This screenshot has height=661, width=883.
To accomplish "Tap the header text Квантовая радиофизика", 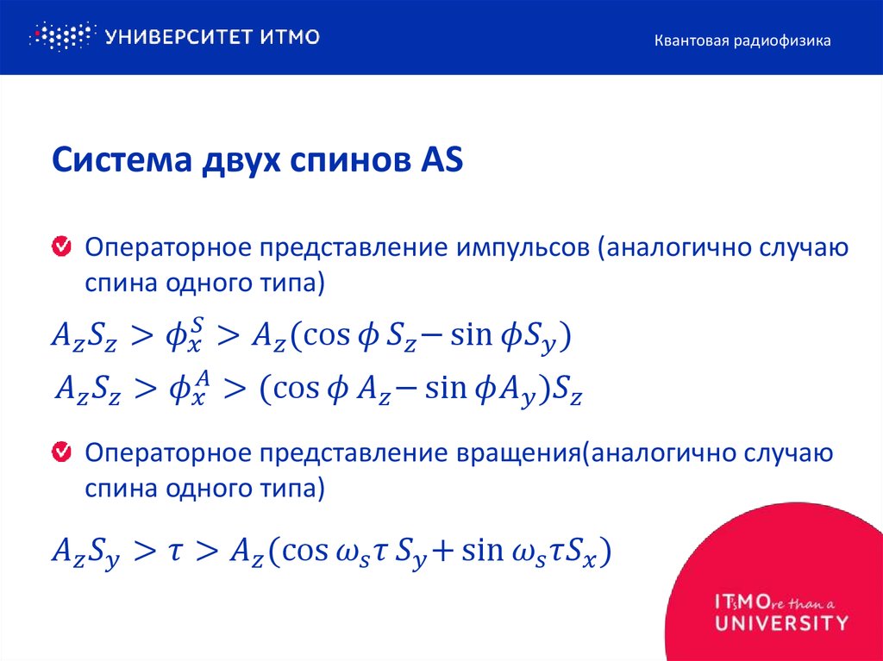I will (742, 41).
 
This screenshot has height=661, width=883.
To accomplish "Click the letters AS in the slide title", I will (441, 162).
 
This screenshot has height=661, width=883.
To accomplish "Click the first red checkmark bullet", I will (62, 248).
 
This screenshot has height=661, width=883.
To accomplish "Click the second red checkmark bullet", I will (62, 452).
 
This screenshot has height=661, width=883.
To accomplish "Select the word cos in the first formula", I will (317, 336).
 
